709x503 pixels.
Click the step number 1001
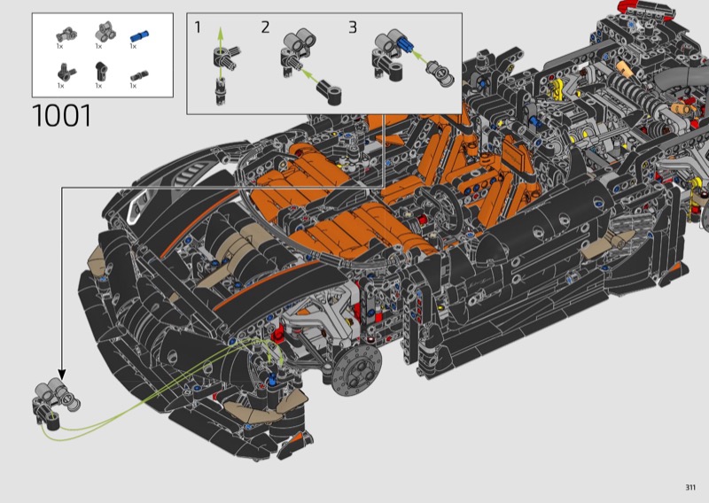(62, 116)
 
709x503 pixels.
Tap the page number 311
(690, 487)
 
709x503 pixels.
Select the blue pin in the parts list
(139, 35)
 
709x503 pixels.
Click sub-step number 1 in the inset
(198, 27)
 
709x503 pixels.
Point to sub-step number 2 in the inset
(265, 27)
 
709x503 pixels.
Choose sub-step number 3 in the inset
(353, 27)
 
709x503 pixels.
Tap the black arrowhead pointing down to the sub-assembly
(62, 375)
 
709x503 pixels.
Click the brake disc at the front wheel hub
(356, 371)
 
